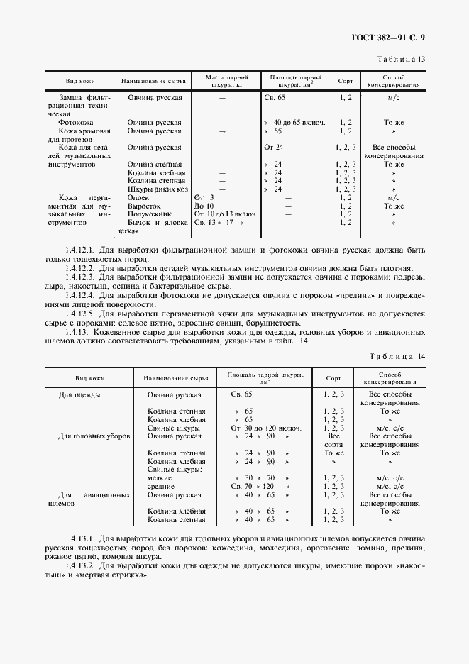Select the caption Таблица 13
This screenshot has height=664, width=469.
point(401,60)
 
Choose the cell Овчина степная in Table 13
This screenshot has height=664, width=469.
point(155,165)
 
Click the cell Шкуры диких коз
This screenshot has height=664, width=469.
point(157,189)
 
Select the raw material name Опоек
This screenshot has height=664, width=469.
point(139,198)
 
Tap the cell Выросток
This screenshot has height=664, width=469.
point(143,206)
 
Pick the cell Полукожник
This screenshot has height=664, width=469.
point(148,214)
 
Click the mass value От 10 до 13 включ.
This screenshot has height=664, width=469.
point(225,214)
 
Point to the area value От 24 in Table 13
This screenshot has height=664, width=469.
point(273,148)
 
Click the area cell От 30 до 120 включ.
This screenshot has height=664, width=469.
point(266,428)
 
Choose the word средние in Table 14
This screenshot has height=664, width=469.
point(162,487)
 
